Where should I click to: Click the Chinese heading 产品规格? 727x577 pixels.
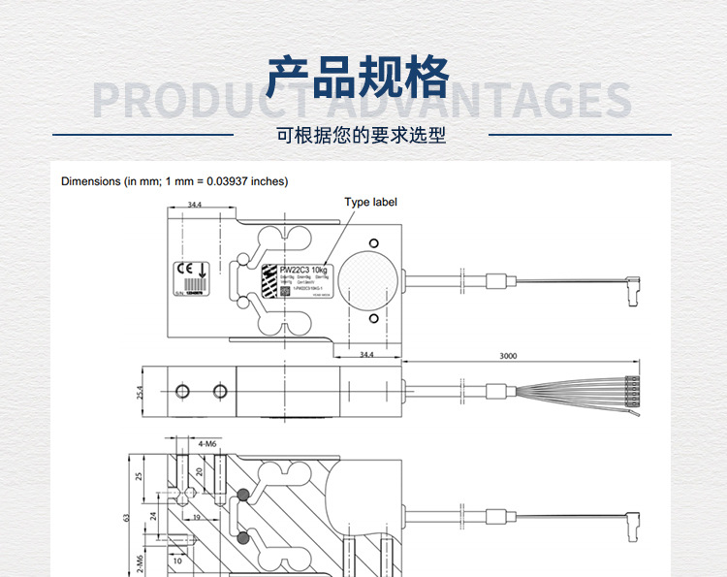click(x=359, y=78)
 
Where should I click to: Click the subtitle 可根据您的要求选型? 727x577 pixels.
click(x=361, y=136)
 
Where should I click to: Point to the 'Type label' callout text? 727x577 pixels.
click(x=370, y=203)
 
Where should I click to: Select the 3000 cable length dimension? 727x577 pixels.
click(x=508, y=356)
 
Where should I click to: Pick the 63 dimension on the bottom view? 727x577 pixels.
click(x=125, y=517)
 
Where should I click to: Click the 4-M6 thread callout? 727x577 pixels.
click(x=206, y=444)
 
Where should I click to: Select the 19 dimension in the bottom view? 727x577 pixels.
click(x=195, y=518)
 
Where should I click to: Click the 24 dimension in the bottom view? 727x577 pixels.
click(x=153, y=516)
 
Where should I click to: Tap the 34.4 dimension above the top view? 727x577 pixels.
click(x=194, y=205)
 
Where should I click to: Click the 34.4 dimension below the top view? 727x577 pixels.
click(x=367, y=356)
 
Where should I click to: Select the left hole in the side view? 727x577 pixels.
click(x=179, y=390)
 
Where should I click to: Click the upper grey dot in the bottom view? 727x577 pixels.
click(x=242, y=496)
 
